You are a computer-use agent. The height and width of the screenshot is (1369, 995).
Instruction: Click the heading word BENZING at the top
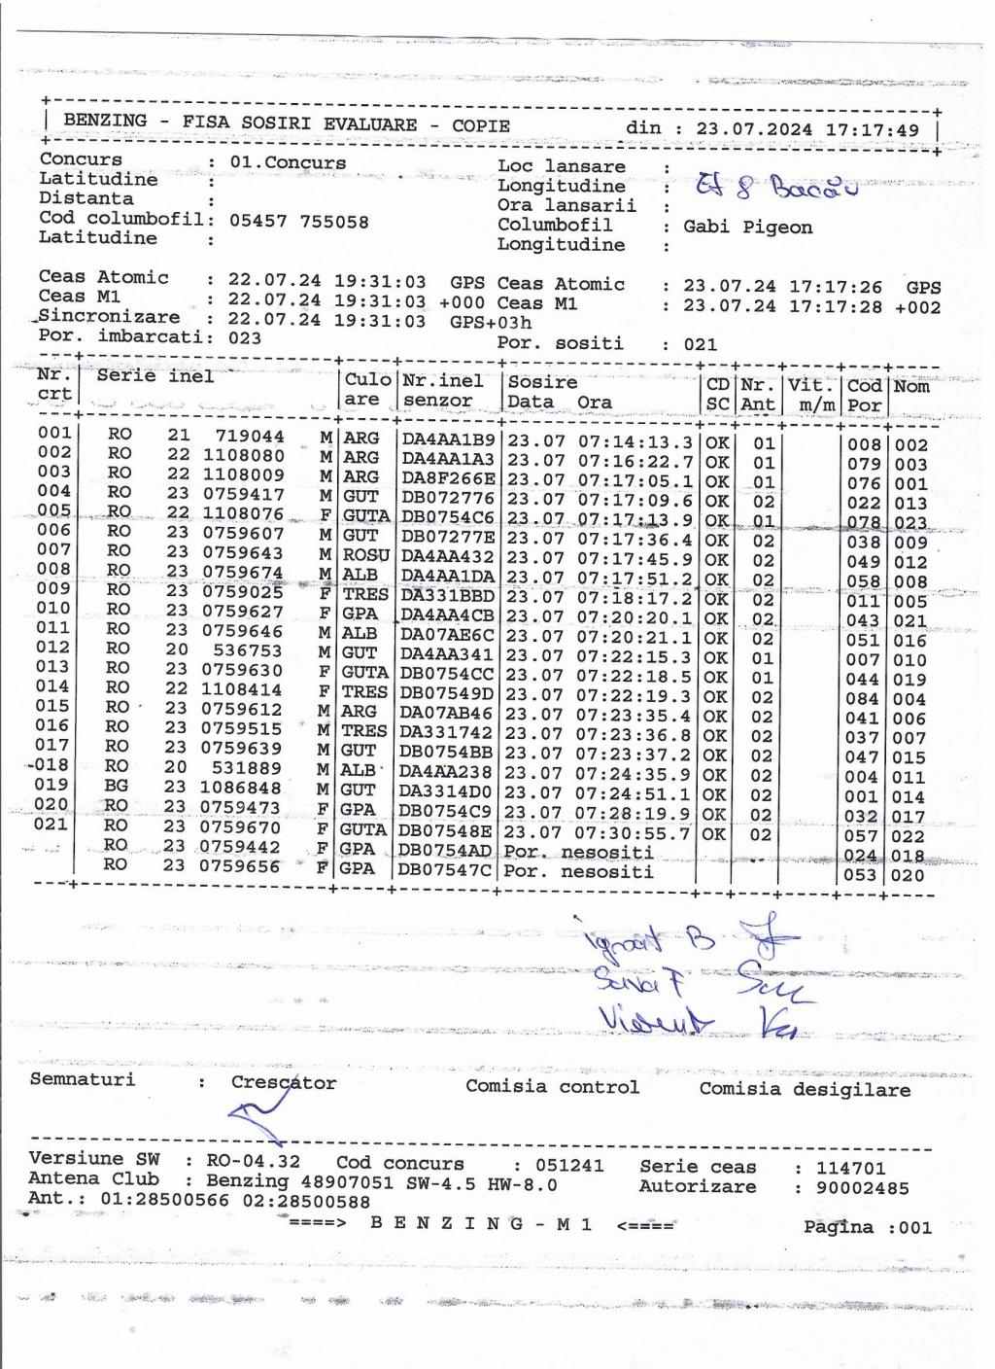point(105,121)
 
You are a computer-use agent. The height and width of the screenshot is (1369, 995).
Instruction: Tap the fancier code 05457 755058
point(299,221)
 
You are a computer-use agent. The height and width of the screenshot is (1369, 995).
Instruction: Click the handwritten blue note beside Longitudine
point(777,186)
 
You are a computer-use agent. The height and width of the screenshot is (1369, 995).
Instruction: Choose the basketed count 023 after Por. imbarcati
point(245,337)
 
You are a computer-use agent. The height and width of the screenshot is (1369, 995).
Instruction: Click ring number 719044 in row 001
point(250,437)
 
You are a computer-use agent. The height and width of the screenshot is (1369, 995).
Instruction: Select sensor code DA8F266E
point(448,479)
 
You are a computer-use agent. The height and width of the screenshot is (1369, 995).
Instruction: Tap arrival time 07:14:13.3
point(635,441)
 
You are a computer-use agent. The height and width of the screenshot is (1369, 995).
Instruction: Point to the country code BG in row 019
point(118,787)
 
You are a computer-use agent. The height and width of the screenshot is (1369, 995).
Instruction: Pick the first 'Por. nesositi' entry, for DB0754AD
point(578,852)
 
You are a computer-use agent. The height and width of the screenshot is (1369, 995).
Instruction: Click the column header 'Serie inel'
point(155,376)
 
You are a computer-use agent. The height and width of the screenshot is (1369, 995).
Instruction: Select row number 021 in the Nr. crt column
point(51,824)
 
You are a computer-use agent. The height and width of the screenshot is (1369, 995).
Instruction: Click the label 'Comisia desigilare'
point(805,1090)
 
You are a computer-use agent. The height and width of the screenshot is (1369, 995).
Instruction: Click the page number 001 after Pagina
point(914,1227)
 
